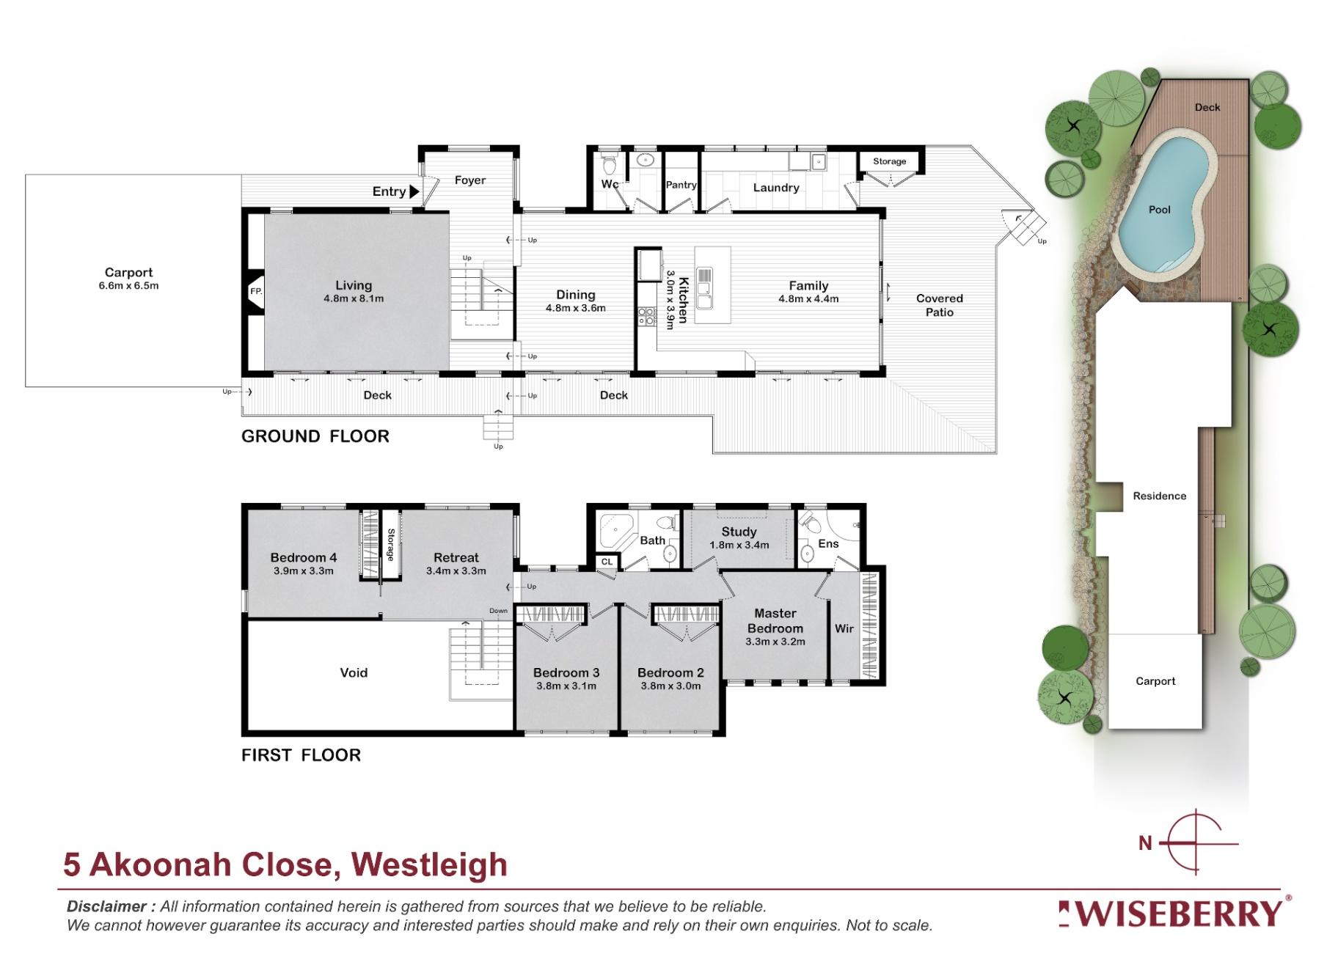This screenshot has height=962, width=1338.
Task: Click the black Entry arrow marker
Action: pyautogui.click(x=414, y=191)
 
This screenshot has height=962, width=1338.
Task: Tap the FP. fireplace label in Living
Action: pyautogui.click(x=256, y=292)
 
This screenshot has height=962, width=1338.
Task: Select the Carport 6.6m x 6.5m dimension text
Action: pyautogui.click(x=128, y=285)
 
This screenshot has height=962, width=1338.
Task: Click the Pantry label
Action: pyautogui.click(x=681, y=185)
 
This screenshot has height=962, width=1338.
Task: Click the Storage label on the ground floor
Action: pyautogui.click(x=889, y=161)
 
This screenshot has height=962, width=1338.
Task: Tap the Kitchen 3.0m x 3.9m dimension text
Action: pyautogui.click(x=669, y=300)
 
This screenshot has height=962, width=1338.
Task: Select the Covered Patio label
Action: pyautogui.click(x=939, y=305)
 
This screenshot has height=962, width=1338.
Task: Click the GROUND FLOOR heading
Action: pyautogui.click(x=315, y=436)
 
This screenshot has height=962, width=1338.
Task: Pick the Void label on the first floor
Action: pyautogui.click(x=354, y=672)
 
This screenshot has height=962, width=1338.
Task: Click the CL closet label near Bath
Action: pyautogui.click(x=607, y=562)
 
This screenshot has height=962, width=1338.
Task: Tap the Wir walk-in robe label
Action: pyautogui.click(x=844, y=628)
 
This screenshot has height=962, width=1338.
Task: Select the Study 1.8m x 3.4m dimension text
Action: pyautogui.click(x=739, y=545)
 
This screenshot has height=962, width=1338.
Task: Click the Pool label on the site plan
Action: pyautogui.click(x=1159, y=210)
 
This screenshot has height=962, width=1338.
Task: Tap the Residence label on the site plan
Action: pyautogui.click(x=1159, y=496)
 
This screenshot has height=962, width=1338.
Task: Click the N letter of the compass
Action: pyautogui.click(x=1144, y=843)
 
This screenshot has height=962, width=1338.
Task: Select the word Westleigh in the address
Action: pyautogui.click(x=429, y=865)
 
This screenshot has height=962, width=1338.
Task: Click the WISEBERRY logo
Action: pyautogui.click(x=1174, y=914)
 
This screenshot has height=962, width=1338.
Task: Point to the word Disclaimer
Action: pyautogui.click(x=107, y=906)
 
